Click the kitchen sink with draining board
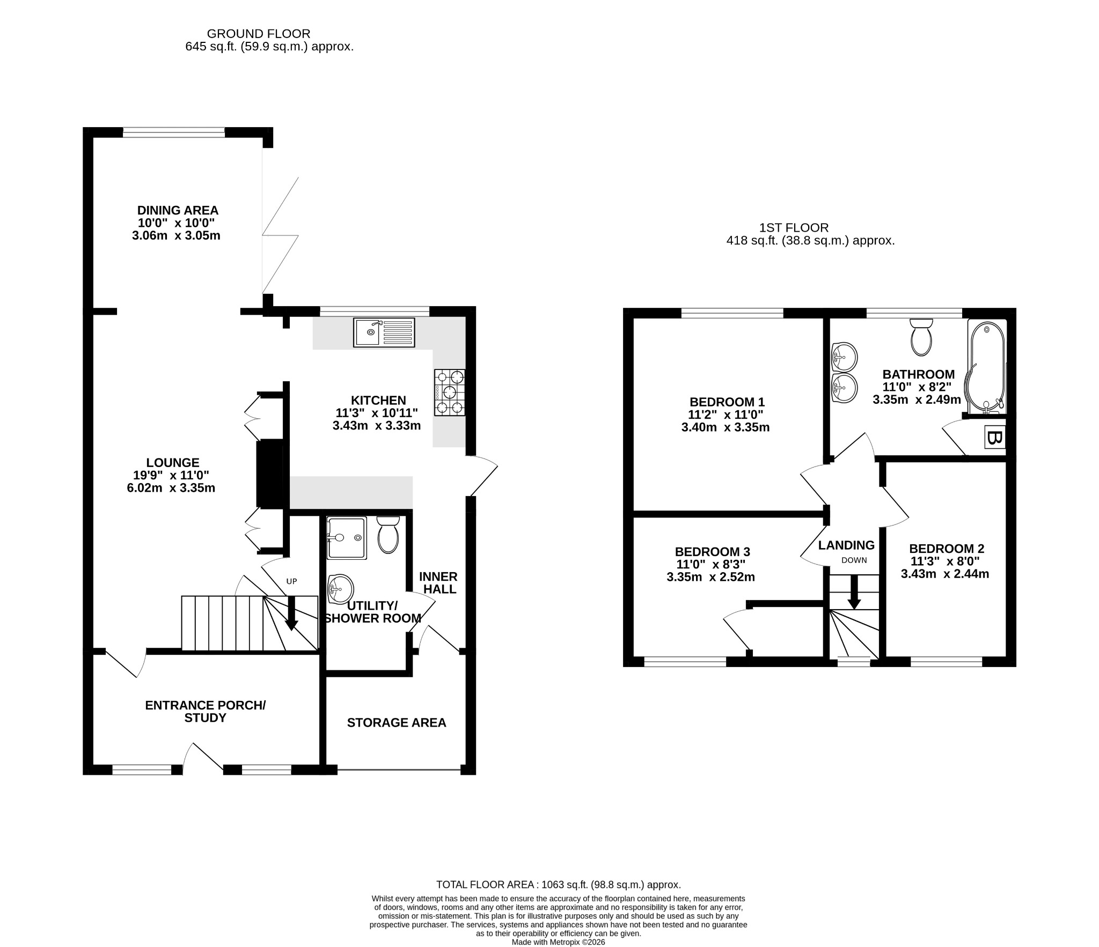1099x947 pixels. [x=384, y=332]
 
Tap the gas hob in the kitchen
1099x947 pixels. [x=450, y=393]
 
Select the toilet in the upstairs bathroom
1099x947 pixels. [x=922, y=337]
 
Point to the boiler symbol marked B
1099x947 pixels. [x=994, y=438]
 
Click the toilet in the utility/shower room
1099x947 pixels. [x=389, y=535]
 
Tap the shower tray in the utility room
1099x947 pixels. [x=347, y=538]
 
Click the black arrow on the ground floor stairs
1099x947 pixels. [x=291, y=613]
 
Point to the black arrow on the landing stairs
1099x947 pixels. [x=854, y=592]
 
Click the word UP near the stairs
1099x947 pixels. [x=291, y=581]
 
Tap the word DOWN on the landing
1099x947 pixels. [x=854, y=560]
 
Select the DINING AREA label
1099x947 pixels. [x=178, y=210]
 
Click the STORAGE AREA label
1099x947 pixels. [x=397, y=723]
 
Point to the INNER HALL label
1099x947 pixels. [x=438, y=583]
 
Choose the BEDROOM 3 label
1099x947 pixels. [x=712, y=552]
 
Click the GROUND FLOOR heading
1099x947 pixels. [x=259, y=34]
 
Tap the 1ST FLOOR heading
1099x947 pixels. [x=794, y=228]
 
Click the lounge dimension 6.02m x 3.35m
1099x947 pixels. [x=171, y=488]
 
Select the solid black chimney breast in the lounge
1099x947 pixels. [x=270, y=474]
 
